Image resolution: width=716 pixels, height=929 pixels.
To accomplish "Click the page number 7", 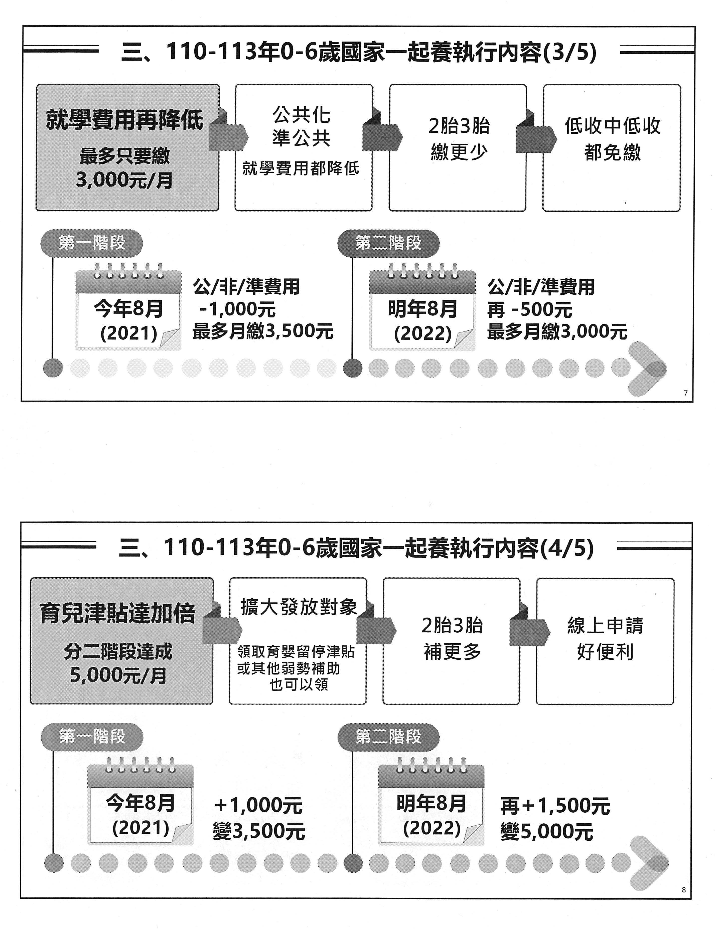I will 685,393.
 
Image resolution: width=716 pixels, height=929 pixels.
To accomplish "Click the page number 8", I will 684,889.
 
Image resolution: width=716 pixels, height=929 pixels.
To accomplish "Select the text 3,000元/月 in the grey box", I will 125,180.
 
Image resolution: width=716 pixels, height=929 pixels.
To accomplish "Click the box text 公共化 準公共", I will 301,126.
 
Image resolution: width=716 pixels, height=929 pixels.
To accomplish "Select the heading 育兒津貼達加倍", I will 118,613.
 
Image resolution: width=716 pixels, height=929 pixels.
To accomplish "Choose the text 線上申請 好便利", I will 605,638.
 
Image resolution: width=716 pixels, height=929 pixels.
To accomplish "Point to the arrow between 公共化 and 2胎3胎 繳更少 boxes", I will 382,135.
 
